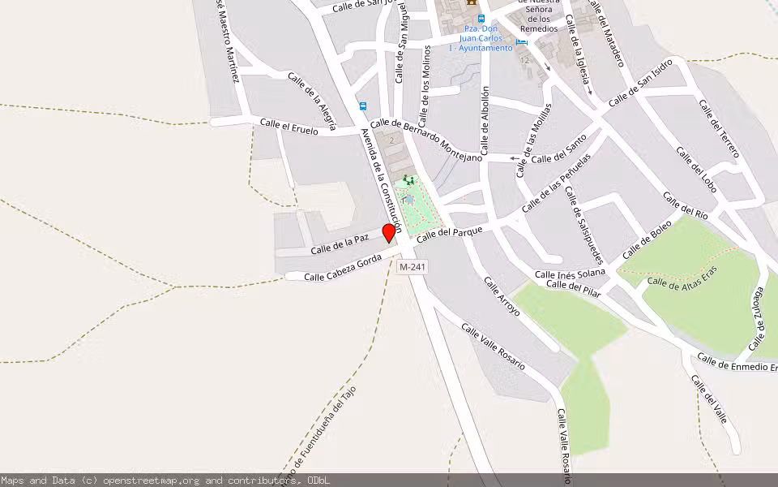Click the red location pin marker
pos(389,233)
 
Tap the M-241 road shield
pos(413,266)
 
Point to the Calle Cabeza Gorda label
pos(342,268)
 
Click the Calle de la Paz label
pos(340,243)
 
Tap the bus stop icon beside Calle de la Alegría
pos(362,106)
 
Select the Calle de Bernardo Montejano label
pos(426,138)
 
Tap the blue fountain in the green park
pos(409,200)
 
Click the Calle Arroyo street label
pos(502,297)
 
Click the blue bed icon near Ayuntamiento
pos(521,40)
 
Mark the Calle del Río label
pos(686,205)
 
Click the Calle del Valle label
pos(709,399)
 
